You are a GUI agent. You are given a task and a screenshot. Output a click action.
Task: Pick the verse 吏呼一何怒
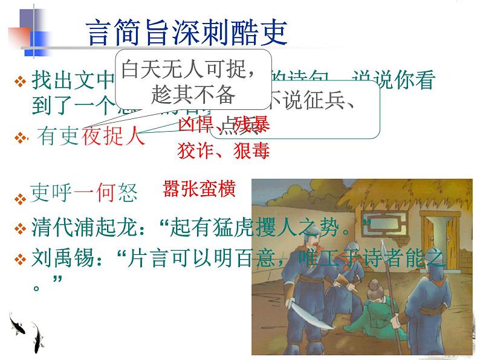coord(84,193)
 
